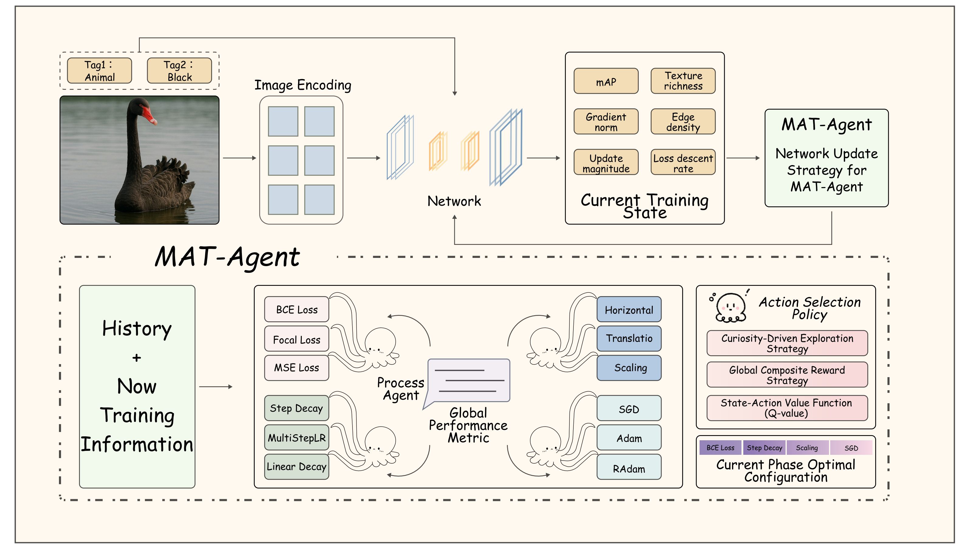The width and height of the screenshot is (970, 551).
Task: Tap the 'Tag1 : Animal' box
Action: pyautogui.click(x=99, y=71)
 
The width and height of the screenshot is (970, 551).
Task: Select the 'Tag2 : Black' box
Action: pyautogui.click(x=179, y=71)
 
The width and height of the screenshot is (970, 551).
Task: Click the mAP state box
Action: pyautogui.click(x=606, y=81)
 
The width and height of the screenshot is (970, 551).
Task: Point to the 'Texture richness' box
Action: pyautogui.click(x=683, y=81)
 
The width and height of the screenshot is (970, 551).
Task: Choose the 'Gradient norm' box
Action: pyautogui.click(x=606, y=121)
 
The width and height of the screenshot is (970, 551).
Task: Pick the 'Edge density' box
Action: pyautogui.click(x=683, y=121)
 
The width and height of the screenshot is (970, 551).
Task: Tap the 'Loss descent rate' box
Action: pyautogui.click(x=683, y=162)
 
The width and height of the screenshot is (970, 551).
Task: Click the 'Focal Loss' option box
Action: pyautogui.click(x=296, y=339)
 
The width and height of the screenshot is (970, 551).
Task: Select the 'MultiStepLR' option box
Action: pyautogui.click(x=296, y=438)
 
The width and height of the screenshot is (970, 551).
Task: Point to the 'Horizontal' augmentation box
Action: pyautogui.click(x=629, y=309)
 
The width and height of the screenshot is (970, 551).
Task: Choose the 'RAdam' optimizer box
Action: pyautogui.click(x=629, y=468)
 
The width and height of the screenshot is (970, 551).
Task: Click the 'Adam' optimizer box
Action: pyautogui.click(x=629, y=438)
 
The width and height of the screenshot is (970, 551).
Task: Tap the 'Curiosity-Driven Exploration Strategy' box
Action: pyautogui.click(x=787, y=343)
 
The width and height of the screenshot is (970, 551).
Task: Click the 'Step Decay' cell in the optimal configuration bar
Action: pyautogui.click(x=764, y=448)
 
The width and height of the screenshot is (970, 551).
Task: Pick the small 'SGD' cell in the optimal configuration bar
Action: pyautogui.click(x=851, y=448)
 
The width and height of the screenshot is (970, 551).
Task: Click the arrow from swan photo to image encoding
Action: pyautogui.click(x=239, y=158)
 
